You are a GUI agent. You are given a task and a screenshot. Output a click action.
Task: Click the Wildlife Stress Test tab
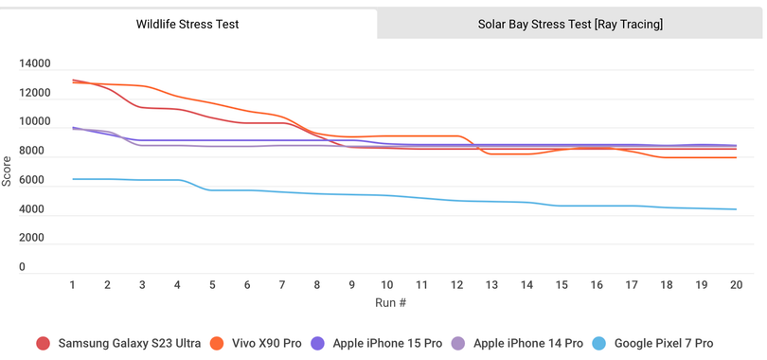tap(188, 24)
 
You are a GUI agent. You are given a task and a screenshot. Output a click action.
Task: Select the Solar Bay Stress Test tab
tap(570, 24)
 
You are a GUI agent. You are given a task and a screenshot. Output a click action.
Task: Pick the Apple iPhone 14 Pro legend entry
tap(526, 343)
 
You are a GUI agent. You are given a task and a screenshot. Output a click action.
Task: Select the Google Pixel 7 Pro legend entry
tap(663, 343)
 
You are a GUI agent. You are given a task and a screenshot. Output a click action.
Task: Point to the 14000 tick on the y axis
tap(35, 64)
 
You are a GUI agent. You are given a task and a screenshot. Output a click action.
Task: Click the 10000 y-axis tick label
tap(35, 122)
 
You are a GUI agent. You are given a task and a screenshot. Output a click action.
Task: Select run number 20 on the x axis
tap(736, 284)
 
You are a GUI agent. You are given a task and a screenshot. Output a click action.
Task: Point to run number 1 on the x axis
tap(72, 284)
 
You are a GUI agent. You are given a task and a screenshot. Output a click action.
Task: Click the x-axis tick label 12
tap(456, 284)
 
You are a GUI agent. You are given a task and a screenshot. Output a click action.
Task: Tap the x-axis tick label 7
tap(281, 284)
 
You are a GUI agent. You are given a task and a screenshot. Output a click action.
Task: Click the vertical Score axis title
tap(8, 171)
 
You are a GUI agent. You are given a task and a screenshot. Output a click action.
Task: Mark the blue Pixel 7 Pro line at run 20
tap(736, 209)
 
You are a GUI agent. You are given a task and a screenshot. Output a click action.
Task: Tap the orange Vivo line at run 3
tap(142, 86)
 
